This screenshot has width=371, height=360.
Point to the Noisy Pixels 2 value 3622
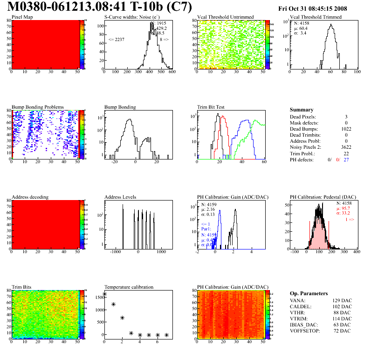click(342, 147)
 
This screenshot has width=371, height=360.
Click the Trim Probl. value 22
click(346, 153)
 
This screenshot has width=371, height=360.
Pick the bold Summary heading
click(302, 110)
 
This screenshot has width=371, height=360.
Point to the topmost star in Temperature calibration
click(104, 294)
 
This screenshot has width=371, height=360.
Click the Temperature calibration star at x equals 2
click(122, 318)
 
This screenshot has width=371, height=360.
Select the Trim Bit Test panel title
click(211, 107)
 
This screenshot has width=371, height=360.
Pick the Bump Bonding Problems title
click(38, 107)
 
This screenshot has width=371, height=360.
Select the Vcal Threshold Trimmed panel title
click(316, 17)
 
